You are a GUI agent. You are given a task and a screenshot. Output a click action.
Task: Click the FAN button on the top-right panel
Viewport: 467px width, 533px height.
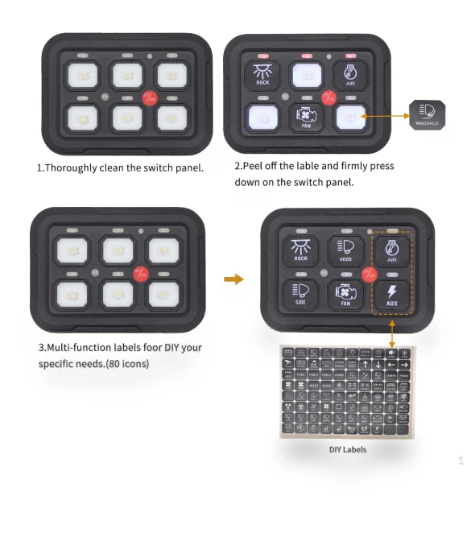coord(306,118)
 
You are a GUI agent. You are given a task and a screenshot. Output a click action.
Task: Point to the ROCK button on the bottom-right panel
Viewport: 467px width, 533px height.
coord(300,251)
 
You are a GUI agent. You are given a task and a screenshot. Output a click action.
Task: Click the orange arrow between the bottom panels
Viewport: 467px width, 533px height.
coord(233,279)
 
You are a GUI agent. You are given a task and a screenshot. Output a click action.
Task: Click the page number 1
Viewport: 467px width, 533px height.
coord(461,461)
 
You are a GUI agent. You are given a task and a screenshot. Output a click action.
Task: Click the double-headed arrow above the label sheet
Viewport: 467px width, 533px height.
coord(391,332)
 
